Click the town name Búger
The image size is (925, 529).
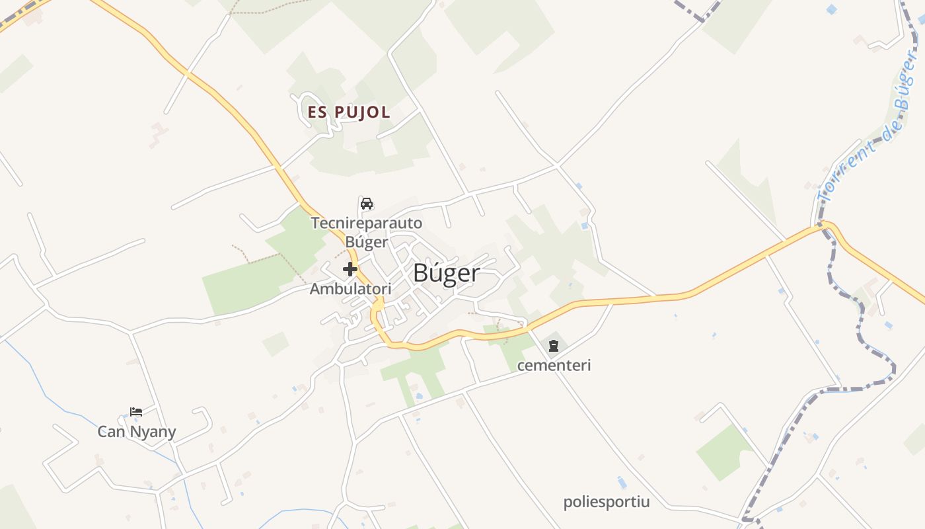pyautogui.click(x=446, y=272)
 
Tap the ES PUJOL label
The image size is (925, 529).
pyautogui.click(x=349, y=112)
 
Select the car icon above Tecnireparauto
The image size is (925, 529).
pyautogui.click(x=367, y=203)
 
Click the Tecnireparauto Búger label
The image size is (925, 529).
pyautogui.click(x=367, y=232)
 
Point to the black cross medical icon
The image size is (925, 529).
pyautogui.click(x=350, y=269)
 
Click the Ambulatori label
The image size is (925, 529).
pyautogui.click(x=350, y=289)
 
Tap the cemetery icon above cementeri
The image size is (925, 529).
pyautogui.click(x=554, y=345)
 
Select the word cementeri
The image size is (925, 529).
pyautogui.click(x=554, y=365)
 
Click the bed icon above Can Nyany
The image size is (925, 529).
pyautogui.click(x=136, y=412)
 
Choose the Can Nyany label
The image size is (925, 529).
pyautogui.click(x=137, y=432)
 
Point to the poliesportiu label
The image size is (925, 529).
pyautogui.click(x=607, y=502)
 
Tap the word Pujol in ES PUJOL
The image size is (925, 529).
pyautogui.click(x=363, y=112)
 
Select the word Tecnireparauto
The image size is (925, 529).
pyautogui.click(x=367, y=223)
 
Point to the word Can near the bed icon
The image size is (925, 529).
pyautogui.click(x=111, y=432)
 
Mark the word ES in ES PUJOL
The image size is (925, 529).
pyautogui.click(x=317, y=112)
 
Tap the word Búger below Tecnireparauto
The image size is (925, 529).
pyautogui.click(x=367, y=242)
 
